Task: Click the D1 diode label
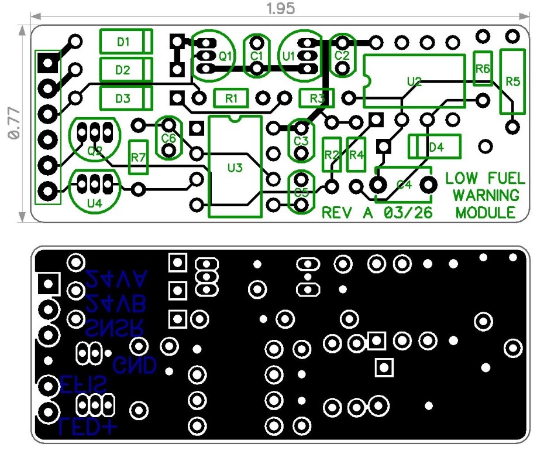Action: [x=123, y=42]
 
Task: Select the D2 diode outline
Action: [x=126, y=70]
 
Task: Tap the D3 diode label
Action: [x=123, y=98]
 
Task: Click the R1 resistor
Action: [x=232, y=98]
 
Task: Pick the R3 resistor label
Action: [x=316, y=98]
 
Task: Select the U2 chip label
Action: [x=414, y=81]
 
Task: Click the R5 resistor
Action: [x=512, y=81]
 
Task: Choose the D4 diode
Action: [x=434, y=146]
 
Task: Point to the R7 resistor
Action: [x=139, y=157]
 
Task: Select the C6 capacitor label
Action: [x=169, y=138]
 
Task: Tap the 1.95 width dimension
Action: [x=280, y=9]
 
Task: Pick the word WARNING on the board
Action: [x=485, y=195]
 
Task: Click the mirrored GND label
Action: [x=135, y=366]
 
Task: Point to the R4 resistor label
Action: [x=356, y=155]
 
